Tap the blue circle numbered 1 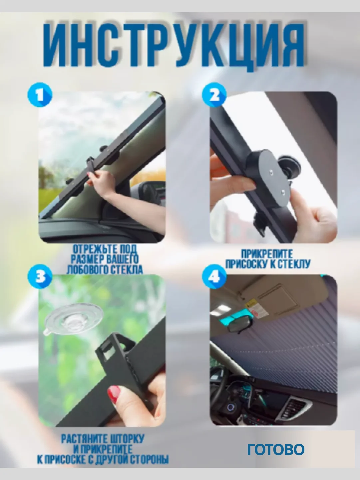click(x=40, y=95)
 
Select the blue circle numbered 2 click(x=214, y=95)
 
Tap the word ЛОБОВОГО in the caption click(x=87, y=270)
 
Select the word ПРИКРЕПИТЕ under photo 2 click(x=267, y=254)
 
